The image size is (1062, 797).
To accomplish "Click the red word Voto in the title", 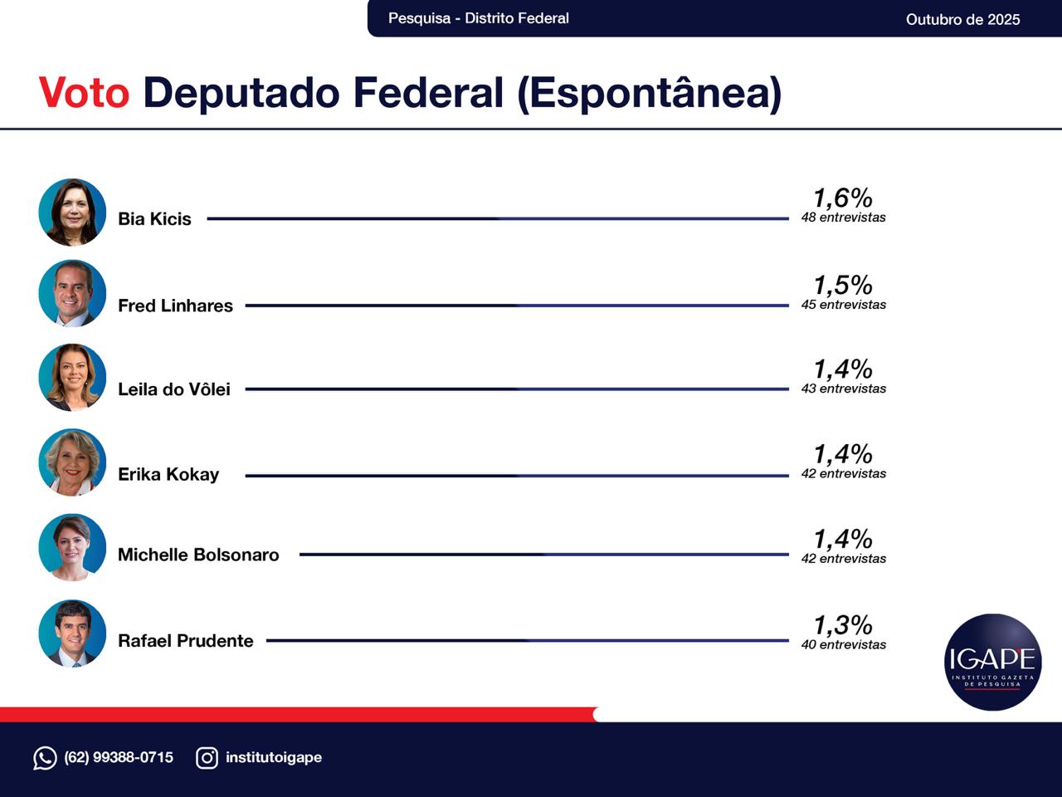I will click(84, 92).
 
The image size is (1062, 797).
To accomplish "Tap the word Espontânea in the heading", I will click(649, 92).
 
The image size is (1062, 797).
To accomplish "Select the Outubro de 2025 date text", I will click(962, 19).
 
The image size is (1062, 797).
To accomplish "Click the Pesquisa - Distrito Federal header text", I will click(478, 18).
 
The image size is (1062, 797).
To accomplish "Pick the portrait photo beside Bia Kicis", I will click(72, 213).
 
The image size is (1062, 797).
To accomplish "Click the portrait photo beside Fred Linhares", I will click(72, 293).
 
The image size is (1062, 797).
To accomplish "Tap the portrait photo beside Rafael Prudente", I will click(72, 633).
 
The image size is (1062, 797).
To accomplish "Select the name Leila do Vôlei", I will click(174, 389).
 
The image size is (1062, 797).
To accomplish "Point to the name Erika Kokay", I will click(168, 474).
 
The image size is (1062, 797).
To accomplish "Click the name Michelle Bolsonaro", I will click(198, 555).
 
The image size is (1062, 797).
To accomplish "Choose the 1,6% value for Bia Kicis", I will click(842, 198).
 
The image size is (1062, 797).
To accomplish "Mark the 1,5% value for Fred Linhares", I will click(842, 285).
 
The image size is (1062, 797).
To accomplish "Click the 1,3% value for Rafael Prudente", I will click(842, 625).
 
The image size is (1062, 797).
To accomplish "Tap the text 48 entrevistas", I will click(843, 218).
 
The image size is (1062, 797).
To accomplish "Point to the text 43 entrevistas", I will click(843, 389).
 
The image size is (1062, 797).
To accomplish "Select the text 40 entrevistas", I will click(843, 645).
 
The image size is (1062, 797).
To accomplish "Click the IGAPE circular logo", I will click(992, 662).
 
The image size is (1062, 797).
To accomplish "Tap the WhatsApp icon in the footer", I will click(45, 758).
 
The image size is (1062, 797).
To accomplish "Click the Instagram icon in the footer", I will click(207, 758).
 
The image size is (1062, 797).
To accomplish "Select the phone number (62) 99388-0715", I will click(119, 757).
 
